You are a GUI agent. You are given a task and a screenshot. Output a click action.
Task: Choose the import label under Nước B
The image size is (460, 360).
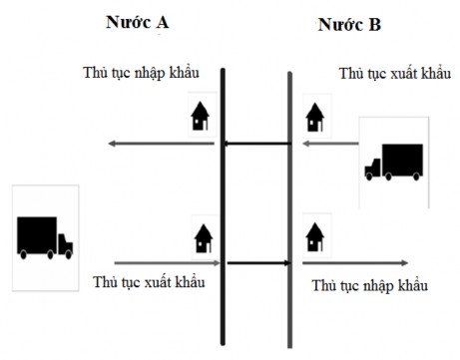(x=370, y=286)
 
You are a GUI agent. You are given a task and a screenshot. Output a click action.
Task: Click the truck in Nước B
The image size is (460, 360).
(x=393, y=163)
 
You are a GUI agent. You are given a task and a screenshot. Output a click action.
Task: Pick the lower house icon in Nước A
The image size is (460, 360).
(x=203, y=237)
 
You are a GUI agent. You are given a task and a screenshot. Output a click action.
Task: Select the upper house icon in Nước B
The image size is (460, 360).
(x=315, y=115)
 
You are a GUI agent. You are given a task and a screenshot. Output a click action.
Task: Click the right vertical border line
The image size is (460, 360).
(x=290, y=199)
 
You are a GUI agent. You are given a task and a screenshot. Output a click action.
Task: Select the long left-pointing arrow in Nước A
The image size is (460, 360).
(x=160, y=145)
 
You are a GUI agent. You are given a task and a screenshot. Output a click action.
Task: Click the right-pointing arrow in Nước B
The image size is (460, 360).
(x=354, y=263)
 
